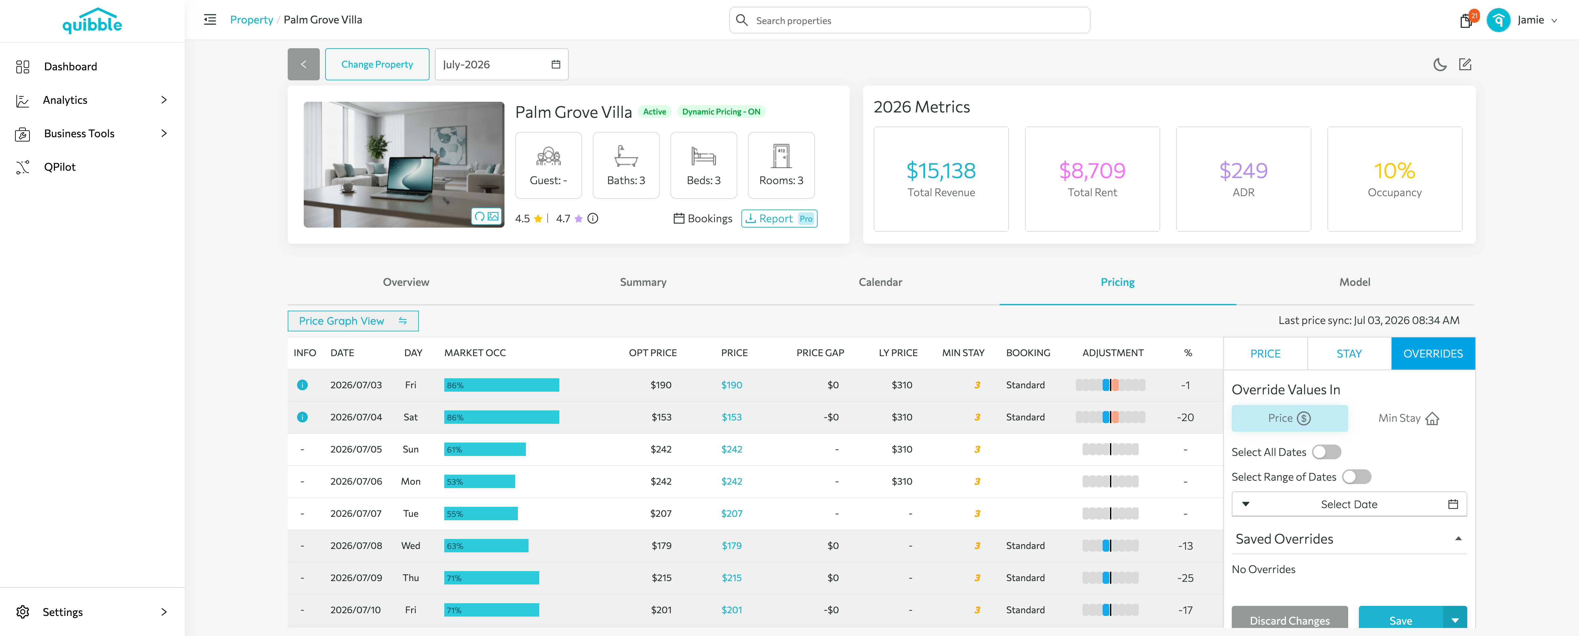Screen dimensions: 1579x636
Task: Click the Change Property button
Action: (377, 64)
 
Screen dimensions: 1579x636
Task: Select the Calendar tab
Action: (880, 282)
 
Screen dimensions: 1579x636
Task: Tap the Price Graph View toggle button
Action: (353, 321)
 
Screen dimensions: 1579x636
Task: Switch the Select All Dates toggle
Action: (1326, 452)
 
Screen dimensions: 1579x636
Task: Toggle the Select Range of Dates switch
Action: (1357, 477)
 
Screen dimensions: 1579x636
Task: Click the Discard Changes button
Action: (1290, 618)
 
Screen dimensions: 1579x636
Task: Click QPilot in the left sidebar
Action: (60, 167)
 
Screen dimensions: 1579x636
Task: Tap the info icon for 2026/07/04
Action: (302, 417)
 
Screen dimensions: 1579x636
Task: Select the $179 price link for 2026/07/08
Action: (731, 546)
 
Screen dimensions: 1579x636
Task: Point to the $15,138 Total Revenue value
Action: (941, 170)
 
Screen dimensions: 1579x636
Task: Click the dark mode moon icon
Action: (1440, 64)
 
